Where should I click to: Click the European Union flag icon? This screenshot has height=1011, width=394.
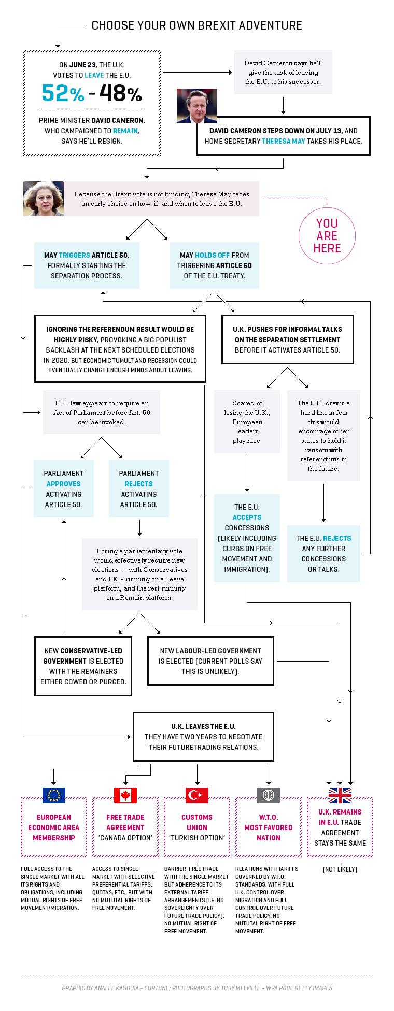click(54, 795)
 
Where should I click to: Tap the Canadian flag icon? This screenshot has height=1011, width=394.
click(125, 795)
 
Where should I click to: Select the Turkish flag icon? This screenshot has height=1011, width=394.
click(197, 795)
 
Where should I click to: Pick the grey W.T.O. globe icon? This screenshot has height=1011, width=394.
click(269, 795)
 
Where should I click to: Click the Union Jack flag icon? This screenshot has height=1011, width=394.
click(340, 795)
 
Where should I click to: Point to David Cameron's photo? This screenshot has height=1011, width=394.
click(197, 106)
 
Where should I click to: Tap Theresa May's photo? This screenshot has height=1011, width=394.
click(44, 199)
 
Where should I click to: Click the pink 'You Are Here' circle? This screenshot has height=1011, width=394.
click(327, 236)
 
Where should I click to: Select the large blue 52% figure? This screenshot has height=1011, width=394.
click(63, 94)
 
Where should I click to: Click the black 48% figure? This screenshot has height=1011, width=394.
click(120, 94)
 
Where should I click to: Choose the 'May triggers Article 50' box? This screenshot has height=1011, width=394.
click(87, 265)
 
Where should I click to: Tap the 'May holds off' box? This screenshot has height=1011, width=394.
click(215, 265)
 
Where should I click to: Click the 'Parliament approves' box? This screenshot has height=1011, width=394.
click(64, 489)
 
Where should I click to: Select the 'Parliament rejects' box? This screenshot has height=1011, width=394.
click(139, 489)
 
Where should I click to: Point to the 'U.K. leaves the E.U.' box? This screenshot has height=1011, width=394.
click(204, 737)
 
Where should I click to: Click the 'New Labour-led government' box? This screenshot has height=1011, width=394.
click(210, 661)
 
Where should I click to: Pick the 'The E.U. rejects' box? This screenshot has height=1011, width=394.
click(323, 554)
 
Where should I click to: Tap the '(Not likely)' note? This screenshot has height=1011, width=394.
click(340, 869)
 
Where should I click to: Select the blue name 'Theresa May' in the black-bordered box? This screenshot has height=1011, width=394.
click(284, 141)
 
